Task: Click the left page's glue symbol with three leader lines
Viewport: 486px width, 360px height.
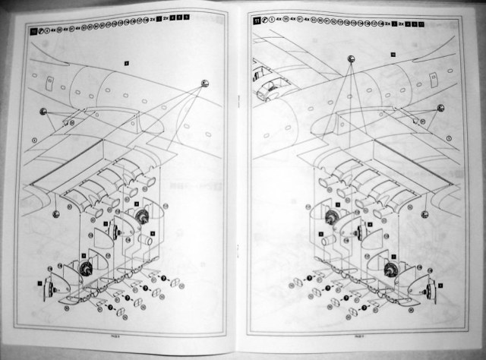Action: (205, 84)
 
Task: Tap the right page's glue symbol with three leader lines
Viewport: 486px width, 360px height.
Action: (351, 59)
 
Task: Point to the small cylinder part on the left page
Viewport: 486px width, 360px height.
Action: (145, 239)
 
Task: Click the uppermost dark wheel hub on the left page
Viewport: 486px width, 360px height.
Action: (140, 215)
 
